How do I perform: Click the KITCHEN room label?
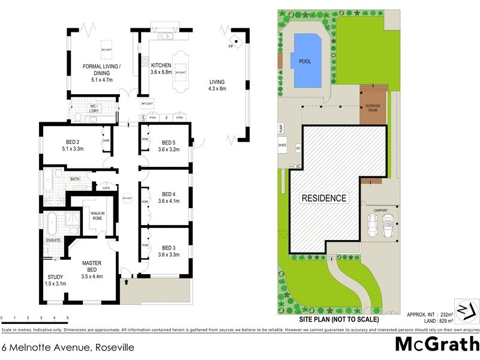(x=161, y=65)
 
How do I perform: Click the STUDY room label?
(x=55, y=277)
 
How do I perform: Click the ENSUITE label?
(x=53, y=241)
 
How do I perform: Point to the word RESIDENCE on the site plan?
(x=324, y=198)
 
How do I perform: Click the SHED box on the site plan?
(x=282, y=145)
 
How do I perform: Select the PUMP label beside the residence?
(x=280, y=128)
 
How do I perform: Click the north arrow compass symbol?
(x=467, y=310)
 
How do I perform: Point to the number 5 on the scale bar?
(x=68, y=317)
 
